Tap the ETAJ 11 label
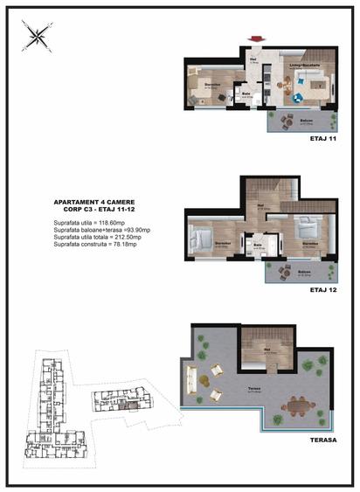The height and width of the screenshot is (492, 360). [x=322, y=138]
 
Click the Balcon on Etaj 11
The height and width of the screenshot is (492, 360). [x=307, y=121]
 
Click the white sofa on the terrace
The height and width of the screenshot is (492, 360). [x=190, y=379]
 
